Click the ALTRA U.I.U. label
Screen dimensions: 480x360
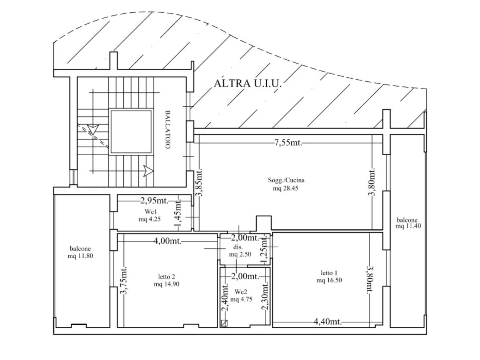pos(247,84)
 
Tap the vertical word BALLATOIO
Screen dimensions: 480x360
pos(168,129)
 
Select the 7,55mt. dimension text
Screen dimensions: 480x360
pos(288,143)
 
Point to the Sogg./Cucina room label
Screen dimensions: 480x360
pos(286,180)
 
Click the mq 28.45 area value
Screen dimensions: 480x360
pos(286,188)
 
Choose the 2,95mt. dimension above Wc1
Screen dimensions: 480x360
pos(154,200)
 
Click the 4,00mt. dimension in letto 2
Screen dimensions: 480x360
pos(168,241)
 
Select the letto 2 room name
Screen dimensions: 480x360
pos(166,277)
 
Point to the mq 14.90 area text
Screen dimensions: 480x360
pos(166,284)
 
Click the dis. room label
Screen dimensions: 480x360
pos(238,247)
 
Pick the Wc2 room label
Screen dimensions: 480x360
pos(241,292)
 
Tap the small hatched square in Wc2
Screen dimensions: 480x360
pos(224,323)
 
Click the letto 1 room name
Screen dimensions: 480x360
pos(329,273)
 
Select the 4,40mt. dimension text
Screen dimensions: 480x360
pos(328,321)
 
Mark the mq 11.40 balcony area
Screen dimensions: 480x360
pos(408,226)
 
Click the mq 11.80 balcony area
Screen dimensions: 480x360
pos(80,256)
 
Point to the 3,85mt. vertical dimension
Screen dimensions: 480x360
pos(199,182)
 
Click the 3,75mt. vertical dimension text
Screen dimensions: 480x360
pos(124,280)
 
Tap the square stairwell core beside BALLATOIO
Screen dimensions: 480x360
pos(131,132)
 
